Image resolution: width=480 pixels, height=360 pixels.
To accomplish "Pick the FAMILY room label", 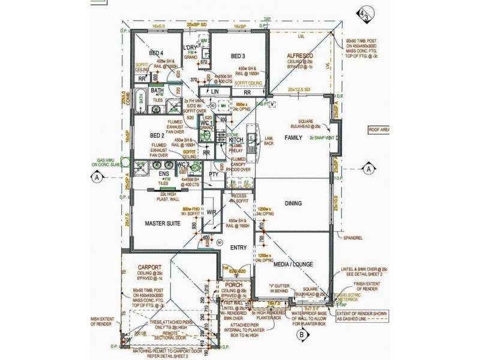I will pyautogui.click(x=294, y=137).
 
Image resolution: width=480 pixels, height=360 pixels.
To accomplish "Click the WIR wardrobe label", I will pyautogui.click(x=211, y=212).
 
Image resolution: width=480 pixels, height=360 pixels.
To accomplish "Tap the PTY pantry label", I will pyautogui.click(x=213, y=175).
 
